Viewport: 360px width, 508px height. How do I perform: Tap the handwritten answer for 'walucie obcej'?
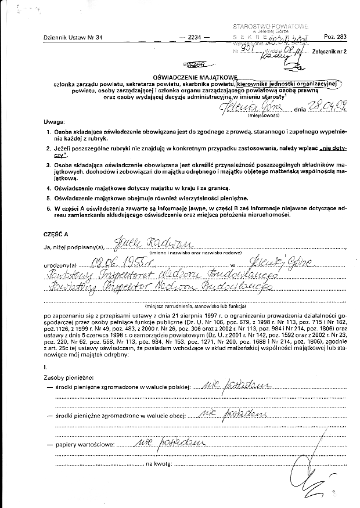(232, 415)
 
